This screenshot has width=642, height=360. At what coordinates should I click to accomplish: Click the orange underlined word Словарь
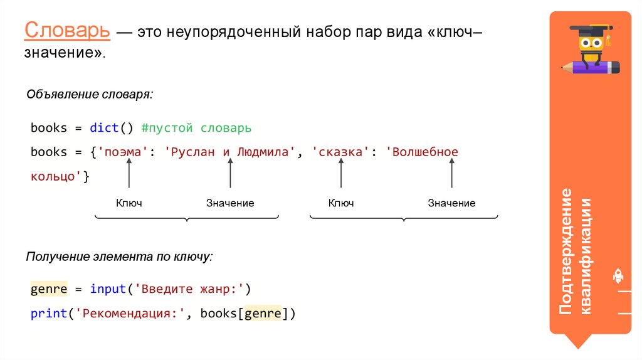click(x=68, y=30)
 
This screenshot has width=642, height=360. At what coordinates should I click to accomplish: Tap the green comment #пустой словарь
click(x=196, y=128)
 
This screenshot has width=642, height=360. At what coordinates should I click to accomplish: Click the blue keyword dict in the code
click(x=103, y=128)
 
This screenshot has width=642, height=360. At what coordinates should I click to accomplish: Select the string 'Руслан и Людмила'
click(x=229, y=152)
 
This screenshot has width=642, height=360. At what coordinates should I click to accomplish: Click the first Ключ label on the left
click(x=129, y=203)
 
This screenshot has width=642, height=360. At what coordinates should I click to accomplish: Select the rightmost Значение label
click(x=451, y=203)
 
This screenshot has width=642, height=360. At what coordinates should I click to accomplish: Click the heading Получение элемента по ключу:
click(x=119, y=257)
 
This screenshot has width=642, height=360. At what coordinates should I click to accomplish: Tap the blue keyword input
click(x=107, y=289)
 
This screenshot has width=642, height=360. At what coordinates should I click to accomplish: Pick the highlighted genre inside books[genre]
click(x=263, y=314)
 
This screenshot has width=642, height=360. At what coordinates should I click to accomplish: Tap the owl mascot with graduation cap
click(x=593, y=47)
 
